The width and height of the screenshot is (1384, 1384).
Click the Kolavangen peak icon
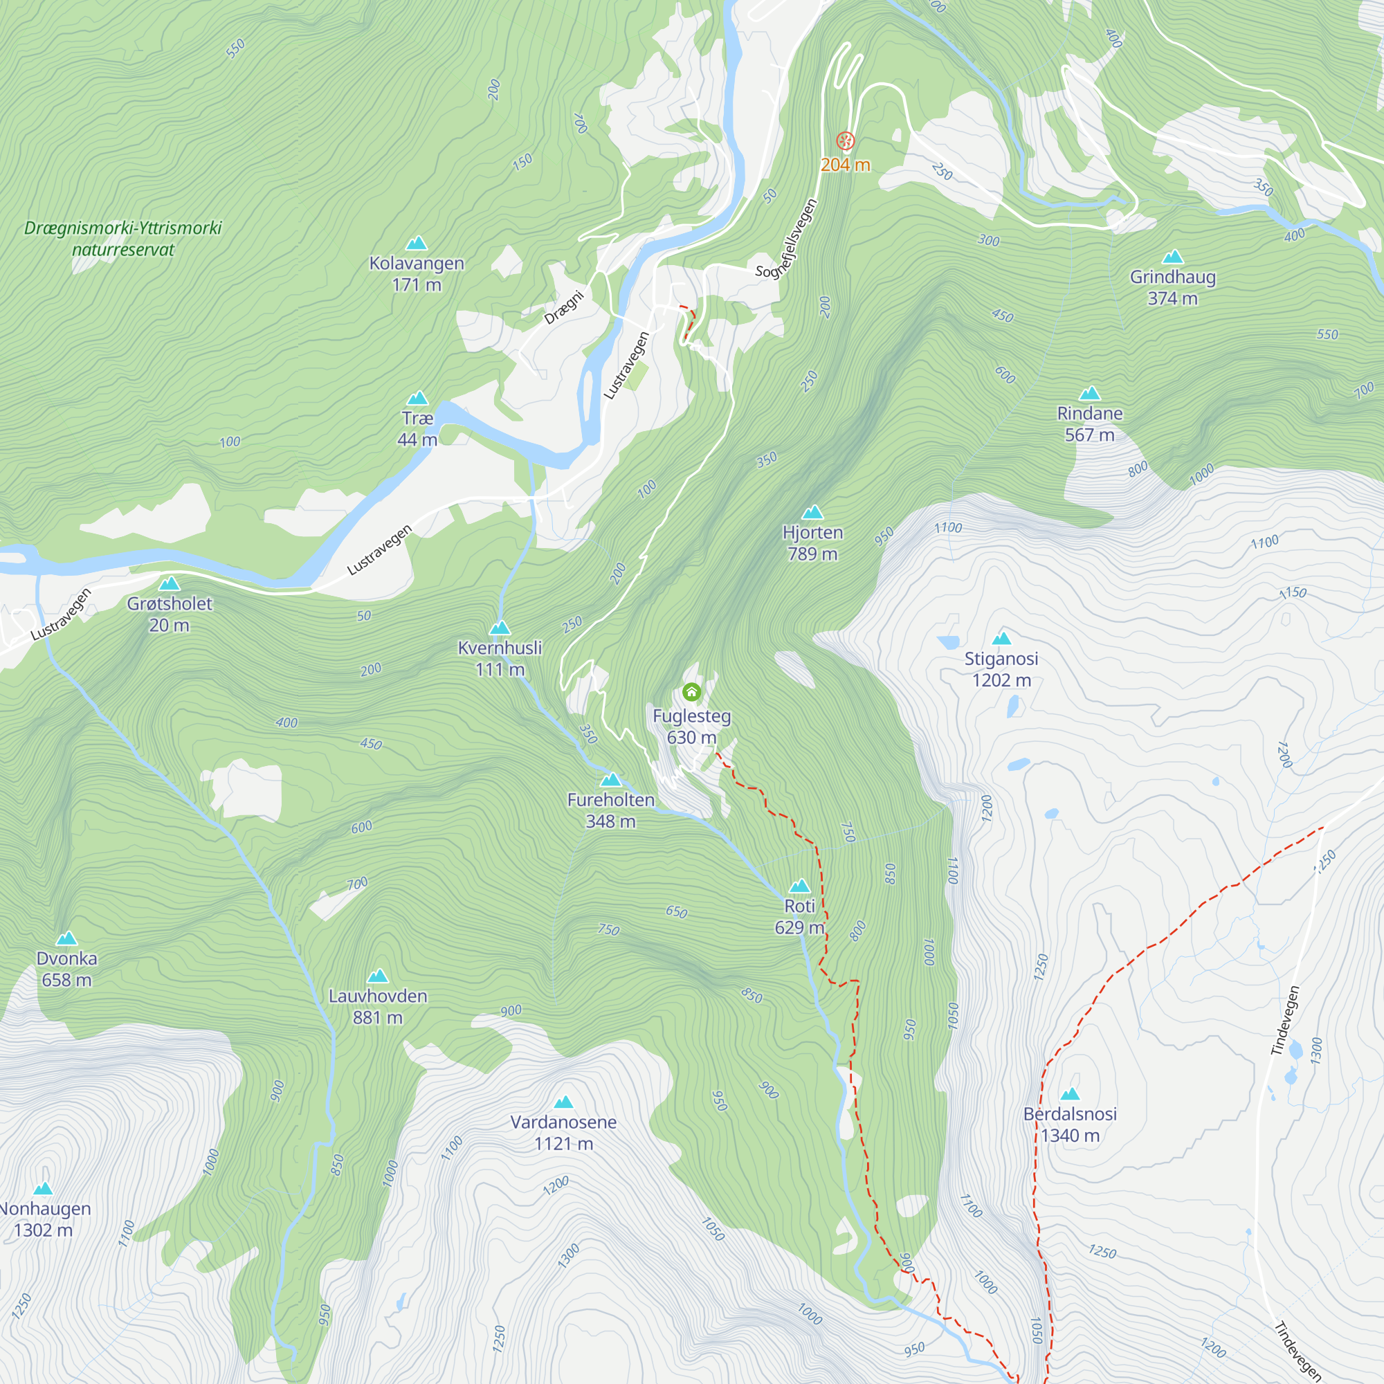coord(416,244)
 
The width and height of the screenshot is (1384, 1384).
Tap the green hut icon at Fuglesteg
coord(691,692)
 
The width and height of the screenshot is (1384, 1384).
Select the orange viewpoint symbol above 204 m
coord(846,140)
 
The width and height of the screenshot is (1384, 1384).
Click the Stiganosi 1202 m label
coord(1001,669)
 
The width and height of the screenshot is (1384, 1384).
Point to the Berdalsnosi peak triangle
coord(1070,1094)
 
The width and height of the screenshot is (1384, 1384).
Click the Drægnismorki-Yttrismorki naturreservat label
coord(122,239)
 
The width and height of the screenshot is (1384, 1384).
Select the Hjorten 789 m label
coord(812,543)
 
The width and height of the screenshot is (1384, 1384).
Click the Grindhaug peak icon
coord(1173,257)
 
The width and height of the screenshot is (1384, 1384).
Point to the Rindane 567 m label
coord(1090,424)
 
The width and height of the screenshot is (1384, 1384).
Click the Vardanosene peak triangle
coord(564,1102)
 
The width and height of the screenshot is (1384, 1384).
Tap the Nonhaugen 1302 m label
coord(44,1219)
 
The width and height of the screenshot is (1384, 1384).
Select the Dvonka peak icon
coord(66,938)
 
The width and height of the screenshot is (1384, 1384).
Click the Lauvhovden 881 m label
coord(378,1006)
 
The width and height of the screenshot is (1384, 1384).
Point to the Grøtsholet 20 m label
coord(170,614)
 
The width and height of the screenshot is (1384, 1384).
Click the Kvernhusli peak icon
coord(500,628)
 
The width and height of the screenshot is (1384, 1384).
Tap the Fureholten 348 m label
coord(610,810)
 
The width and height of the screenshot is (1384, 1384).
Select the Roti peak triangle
coord(799,886)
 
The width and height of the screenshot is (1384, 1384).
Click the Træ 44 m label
coord(417,428)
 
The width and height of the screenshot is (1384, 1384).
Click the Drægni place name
coord(564,308)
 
